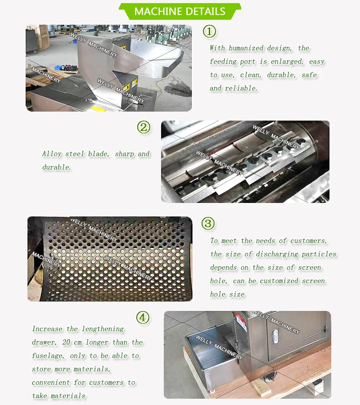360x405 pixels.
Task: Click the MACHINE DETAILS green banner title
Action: (180, 11)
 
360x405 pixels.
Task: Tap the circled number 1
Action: (209, 31)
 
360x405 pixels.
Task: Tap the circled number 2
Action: (144, 127)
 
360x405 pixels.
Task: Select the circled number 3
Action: (207, 223)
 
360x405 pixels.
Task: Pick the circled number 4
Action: (143, 318)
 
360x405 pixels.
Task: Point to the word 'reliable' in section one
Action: (241, 88)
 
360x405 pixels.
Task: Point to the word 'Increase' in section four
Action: (48, 329)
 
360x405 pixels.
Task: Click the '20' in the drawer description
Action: (67, 342)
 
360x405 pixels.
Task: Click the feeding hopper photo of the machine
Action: (108, 68)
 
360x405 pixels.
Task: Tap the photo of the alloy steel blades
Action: (245, 162)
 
